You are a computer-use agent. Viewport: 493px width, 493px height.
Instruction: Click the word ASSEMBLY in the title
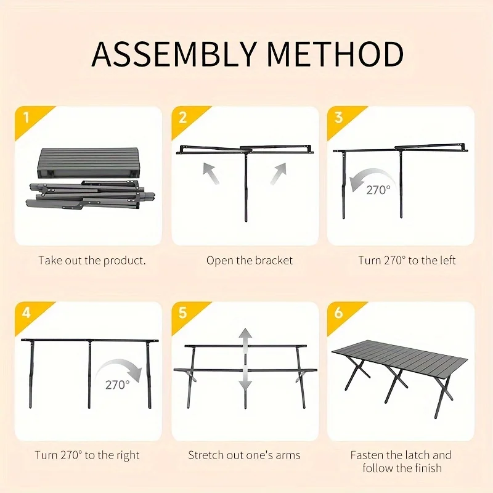coord(173,54)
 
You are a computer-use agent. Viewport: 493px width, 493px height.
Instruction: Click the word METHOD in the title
coord(335,54)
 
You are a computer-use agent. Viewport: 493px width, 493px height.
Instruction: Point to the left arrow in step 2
coord(211,173)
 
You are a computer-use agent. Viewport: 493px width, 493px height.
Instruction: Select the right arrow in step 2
coord(279,174)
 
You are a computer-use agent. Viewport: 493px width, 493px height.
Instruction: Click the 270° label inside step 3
coord(378,190)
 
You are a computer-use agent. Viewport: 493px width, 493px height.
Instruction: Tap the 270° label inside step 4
coord(117,385)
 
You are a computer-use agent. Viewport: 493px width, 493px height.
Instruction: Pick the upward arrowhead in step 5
coord(245,335)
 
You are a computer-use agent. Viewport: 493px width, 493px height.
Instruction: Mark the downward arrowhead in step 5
coord(245,384)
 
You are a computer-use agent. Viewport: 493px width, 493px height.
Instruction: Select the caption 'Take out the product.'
coord(92,261)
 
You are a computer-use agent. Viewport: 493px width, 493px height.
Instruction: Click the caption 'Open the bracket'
coord(250,261)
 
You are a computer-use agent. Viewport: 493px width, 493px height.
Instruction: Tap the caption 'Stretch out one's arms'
coord(244,455)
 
